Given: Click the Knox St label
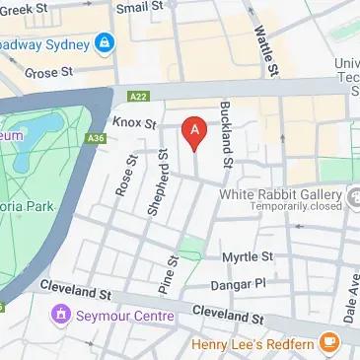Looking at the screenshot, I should (136, 123).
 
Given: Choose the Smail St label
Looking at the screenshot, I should (139, 7).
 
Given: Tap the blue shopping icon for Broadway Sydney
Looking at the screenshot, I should (104, 44).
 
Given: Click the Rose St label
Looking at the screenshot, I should (125, 176).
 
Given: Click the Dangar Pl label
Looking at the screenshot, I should (238, 285).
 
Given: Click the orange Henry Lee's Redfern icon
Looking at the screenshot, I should (328, 343).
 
